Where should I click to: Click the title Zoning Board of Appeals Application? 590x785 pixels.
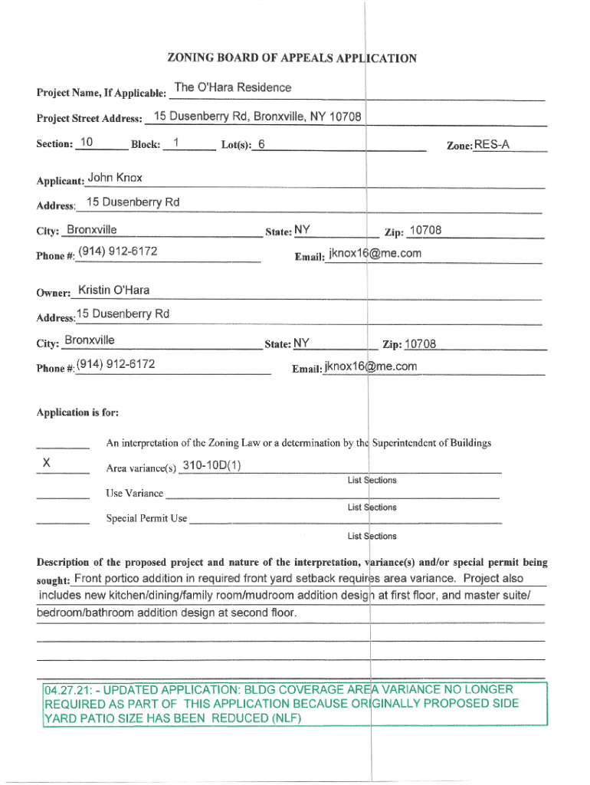291,58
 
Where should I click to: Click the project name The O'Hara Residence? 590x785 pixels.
233,87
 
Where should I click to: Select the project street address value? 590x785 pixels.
257,117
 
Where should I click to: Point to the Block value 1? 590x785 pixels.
176,143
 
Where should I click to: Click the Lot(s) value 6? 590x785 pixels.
262,144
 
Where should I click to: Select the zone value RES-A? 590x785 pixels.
492,145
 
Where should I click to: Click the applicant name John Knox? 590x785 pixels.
115,178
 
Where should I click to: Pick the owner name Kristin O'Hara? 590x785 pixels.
114,290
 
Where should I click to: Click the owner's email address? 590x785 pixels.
371,366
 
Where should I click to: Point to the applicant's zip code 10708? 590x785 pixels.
425,232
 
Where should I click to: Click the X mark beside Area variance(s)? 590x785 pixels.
47,464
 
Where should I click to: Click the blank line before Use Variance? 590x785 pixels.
63,497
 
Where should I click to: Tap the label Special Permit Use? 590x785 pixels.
146,519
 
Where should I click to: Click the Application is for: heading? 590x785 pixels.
77,412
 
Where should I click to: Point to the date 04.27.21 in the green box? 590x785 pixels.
67,690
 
